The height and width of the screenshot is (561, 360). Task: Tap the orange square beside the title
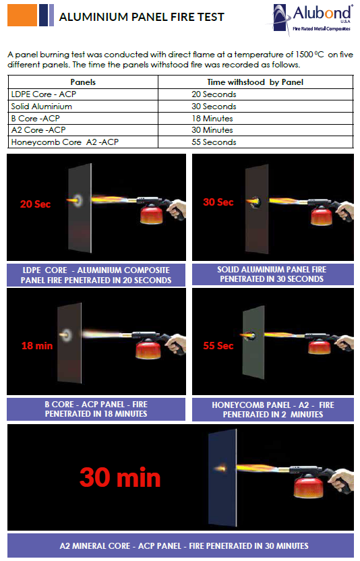pos(22,15)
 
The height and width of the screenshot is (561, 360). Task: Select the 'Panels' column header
pos(83,82)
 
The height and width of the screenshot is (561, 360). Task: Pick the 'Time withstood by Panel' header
pos(255,82)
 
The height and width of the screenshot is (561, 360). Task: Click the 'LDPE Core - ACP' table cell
pos(44,94)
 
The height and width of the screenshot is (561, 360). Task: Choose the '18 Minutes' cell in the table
pos(212,118)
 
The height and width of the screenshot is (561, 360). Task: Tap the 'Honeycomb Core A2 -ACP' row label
pos(65,142)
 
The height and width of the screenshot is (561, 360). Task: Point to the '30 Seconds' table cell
pos(214,107)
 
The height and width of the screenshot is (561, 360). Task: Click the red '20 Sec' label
pos(35,204)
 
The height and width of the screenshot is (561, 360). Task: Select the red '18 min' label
pos(37,346)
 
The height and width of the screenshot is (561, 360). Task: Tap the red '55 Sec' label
pos(218,346)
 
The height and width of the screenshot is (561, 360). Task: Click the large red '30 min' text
pos(120,477)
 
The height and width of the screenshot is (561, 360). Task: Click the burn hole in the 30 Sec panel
pos(255,202)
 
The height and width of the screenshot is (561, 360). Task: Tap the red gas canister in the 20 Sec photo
pos(151,214)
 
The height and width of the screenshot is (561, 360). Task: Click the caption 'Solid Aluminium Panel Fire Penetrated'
pos(272,274)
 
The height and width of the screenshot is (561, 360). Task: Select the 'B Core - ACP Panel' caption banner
pos(96,409)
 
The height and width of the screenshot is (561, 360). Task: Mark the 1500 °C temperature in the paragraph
pos(309,55)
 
